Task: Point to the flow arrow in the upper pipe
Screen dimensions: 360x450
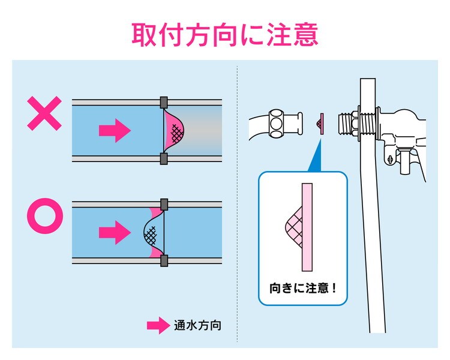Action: [x=115, y=128]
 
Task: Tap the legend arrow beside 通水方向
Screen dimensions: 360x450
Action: [x=158, y=326]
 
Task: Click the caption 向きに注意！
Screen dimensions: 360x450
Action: [x=303, y=287]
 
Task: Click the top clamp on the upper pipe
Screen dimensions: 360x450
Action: [x=163, y=101]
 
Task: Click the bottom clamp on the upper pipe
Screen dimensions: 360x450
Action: [x=163, y=158]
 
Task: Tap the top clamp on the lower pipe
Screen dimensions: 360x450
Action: [x=163, y=204]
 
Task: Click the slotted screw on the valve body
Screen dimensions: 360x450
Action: [x=391, y=160]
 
